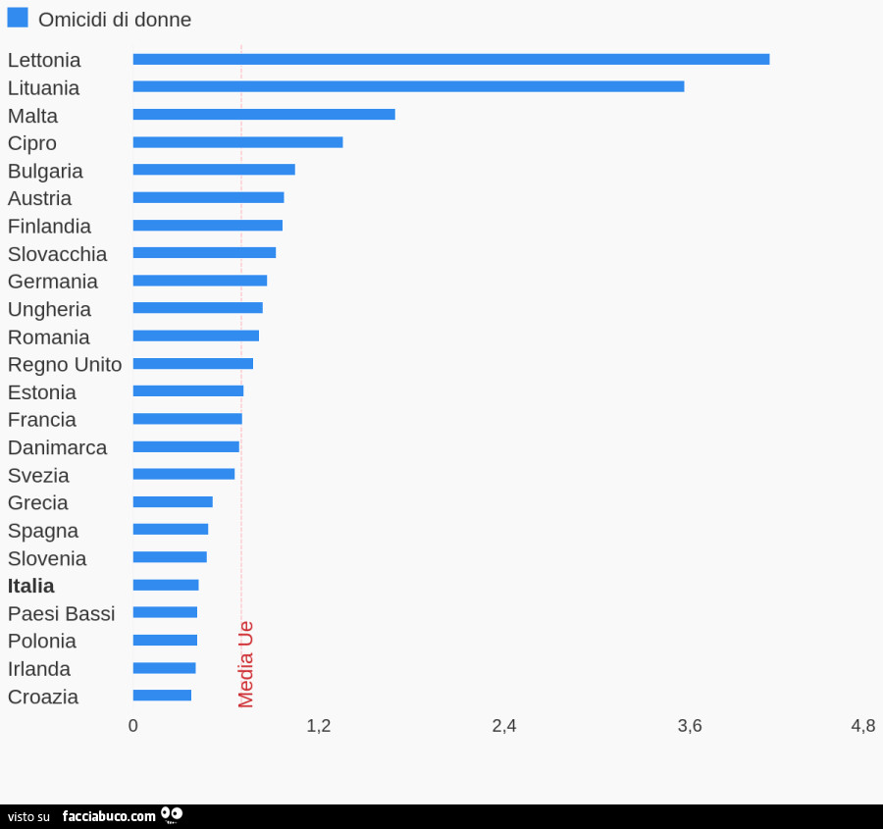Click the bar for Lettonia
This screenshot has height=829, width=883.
pyautogui.click(x=450, y=59)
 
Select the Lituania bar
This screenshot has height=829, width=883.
pyautogui.click(x=408, y=86)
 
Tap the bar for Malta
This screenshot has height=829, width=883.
pyautogui.click(x=264, y=114)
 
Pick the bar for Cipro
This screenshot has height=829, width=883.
pyautogui.click(x=237, y=142)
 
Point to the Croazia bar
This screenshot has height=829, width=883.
pyautogui.click(x=162, y=696)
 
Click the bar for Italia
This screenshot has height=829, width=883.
pyautogui.click(x=166, y=585)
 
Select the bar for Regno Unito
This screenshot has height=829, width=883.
pyautogui.click(x=192, y=364)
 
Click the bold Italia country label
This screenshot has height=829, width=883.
pyautogui.click(x=31, y=586)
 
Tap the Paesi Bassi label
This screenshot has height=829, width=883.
pyautogui.click(x=61, y=614)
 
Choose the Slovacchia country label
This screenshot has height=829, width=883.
pyautogui.click(x=57, y=254)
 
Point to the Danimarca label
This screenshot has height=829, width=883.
pyautogui.click(x=57, y=447)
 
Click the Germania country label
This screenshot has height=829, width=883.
pyautogui.click(x=53, y=282)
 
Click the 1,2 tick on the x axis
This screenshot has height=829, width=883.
pyautogui.click(x=318, y=726)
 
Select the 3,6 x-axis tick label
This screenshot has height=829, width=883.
pyautogui.click(x=690, y=726)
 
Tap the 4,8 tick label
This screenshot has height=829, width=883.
pyautogui.click(x=863, y=726)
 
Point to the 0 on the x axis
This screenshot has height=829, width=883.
pyautogui.click(x=133, y=726)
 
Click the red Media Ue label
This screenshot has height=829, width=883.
pyautogui.click(x=246, y=664)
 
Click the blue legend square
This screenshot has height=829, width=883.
pyautogui.click(x=18, y=18)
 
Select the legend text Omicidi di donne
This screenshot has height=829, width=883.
pyautogui.click(x=115, y=20)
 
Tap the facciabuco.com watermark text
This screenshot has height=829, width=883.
pyautogui.click(x=109, y=816)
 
